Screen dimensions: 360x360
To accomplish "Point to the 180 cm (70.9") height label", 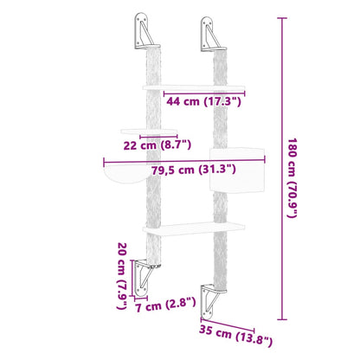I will point(293,177).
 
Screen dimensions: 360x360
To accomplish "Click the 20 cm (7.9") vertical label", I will point(123,276).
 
